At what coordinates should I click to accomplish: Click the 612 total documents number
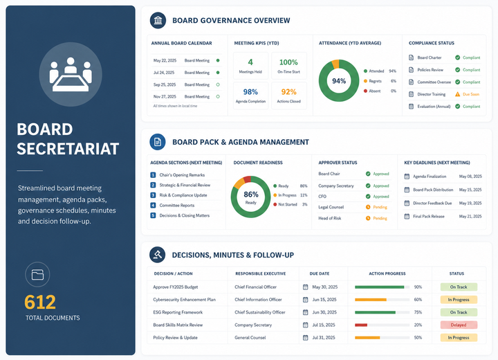point(40,302)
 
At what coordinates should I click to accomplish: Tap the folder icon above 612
point(37,274)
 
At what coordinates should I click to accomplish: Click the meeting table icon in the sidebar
point(71,74)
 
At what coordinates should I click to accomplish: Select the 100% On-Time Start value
point(288,62)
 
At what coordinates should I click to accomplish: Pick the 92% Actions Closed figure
point(288,92)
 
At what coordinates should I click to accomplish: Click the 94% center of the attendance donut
point(339,81)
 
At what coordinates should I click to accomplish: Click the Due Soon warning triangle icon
point(457,94)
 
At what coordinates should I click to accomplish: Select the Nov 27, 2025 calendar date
point(165,96)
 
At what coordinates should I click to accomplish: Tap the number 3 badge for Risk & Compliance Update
point(153,195)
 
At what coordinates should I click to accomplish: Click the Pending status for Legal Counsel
point(380,207)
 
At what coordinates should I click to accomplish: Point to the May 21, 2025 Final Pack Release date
point(470,216)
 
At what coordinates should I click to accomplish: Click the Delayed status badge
point(459,325)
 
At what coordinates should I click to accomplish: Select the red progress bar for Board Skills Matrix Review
point(361,325)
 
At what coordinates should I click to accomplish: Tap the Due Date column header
point(319,273)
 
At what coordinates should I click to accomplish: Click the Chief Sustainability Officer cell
point(260,312)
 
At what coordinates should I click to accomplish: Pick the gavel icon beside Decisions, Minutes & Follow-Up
point(157,255)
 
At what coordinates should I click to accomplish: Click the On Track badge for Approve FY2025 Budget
point(459,287)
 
